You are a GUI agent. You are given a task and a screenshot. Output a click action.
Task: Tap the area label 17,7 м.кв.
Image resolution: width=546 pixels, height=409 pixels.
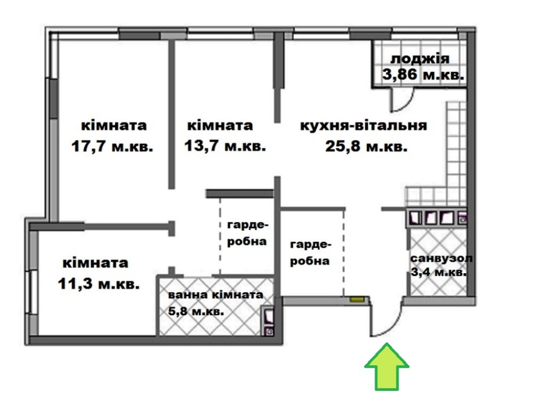point(112,147)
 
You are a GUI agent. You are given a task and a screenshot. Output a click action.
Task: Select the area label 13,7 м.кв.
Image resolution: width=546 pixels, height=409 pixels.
point(225,146)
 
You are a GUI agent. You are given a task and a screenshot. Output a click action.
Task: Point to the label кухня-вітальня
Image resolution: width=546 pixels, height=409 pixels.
point(364,125)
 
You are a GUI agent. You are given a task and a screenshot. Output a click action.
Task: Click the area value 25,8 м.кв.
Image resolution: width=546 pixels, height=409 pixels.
point(366,147)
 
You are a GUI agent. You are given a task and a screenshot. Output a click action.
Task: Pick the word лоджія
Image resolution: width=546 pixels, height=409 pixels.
point(420,59)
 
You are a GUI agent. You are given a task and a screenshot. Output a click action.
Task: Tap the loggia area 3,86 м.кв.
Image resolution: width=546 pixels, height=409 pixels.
point(424,74)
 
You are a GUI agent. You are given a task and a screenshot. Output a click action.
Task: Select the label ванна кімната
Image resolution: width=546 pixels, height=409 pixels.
point(216,295)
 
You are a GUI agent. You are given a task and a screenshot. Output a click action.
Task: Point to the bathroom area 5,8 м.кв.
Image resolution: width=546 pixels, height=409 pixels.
point(196,311)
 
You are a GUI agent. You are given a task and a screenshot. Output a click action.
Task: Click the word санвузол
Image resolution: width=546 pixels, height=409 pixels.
point(442,258)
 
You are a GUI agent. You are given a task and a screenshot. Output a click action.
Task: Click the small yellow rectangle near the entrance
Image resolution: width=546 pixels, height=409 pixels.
point(356,298)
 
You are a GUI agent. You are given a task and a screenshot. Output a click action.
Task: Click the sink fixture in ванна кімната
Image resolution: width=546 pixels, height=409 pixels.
point(268,316)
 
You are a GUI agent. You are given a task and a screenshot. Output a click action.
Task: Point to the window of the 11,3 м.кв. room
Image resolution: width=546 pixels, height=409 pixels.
point(33,292)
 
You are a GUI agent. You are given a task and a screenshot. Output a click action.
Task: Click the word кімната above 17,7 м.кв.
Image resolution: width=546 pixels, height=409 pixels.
point(114,125)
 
